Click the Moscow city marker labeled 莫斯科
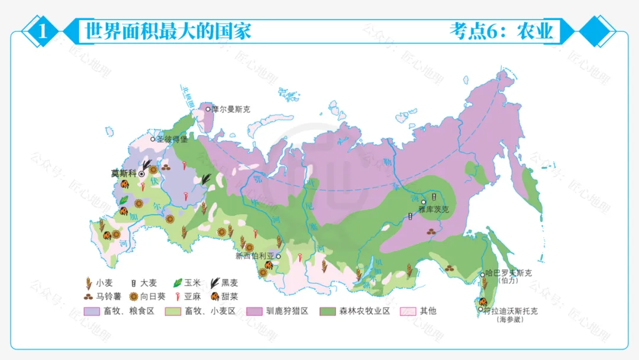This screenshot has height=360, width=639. click(x=142, y=174)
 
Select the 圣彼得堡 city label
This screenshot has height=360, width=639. click(x=172, y=140)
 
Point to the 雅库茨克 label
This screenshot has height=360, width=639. click(x=434, y=209)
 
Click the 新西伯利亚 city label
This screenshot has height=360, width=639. click(x=255, y=256)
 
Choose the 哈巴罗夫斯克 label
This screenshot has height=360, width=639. click(x=509, y=273)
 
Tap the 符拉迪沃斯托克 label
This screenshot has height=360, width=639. click(x=510, y=311)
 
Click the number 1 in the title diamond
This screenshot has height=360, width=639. click(x=42, y=31)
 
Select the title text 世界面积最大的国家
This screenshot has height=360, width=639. click(x=169, y=30)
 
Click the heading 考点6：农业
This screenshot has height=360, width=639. click(x=502, y=31)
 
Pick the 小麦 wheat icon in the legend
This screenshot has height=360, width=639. click(x=89, y=283)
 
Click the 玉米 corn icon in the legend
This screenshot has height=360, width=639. click(x=177, y=283)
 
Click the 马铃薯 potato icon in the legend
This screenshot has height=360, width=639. click(x=88, y=296)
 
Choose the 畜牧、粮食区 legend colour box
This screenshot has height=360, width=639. click(x=92, y=311)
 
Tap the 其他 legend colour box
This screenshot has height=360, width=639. click(x=408, y=311)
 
